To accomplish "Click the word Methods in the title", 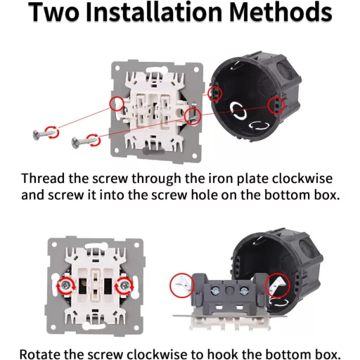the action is [x=281, y=12].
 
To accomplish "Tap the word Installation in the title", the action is [x=154, y=12].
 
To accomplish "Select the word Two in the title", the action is [x=53, y=12].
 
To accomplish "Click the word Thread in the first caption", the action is [x=43, y=179].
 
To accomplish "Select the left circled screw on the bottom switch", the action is [x=66, y=285].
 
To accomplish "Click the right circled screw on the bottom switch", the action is [x=124, y=285].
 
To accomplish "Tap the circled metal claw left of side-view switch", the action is [x=184, y=283].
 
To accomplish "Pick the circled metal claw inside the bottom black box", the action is [x=278, y=284].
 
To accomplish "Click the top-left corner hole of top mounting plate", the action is [x=117, y=68].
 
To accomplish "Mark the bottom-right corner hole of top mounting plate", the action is [x=194, y=155].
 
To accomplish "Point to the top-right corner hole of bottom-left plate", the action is [x=136, y=245].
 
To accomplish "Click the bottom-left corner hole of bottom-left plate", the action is [x=53, y=327].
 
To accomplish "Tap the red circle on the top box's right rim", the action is [x=276, y=105].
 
